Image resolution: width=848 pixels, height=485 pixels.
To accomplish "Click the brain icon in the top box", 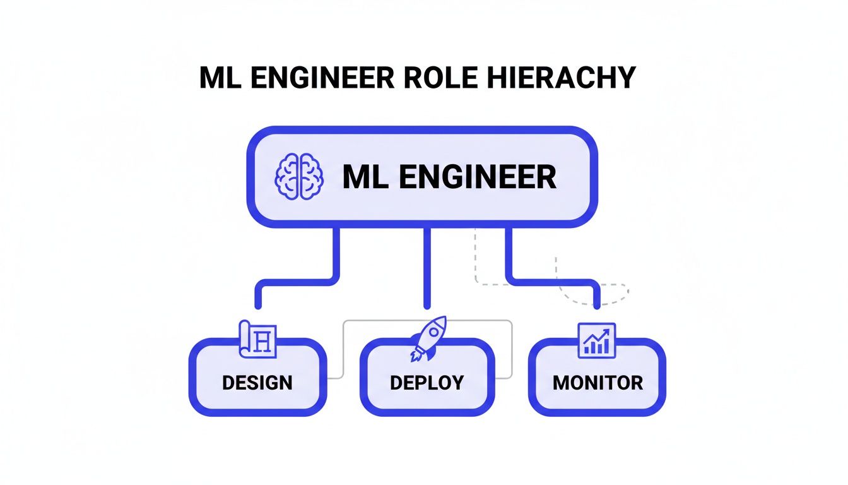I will pos(298,177).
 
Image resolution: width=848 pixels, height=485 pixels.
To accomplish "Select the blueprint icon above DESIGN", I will pos(259,339).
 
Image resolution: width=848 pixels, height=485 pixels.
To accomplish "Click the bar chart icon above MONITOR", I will pos(596,340).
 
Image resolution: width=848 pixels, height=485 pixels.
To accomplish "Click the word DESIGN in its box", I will pos(257,382).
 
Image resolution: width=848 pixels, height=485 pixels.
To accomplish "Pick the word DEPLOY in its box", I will pos(427,382).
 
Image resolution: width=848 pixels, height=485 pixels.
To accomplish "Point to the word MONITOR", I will pos(598,382).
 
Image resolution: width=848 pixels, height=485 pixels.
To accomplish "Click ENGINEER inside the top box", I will pos(478,177).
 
